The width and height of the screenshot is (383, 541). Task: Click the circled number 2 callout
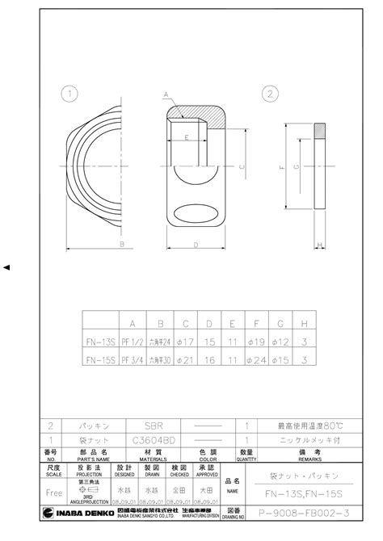coord(269,94)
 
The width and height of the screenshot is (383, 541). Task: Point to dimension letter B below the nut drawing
coord(120,242)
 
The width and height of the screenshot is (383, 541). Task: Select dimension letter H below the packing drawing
coord(319,243)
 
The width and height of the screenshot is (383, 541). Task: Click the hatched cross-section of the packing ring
coord(319,130)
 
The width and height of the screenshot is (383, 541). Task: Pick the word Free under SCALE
coord(54,492)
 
